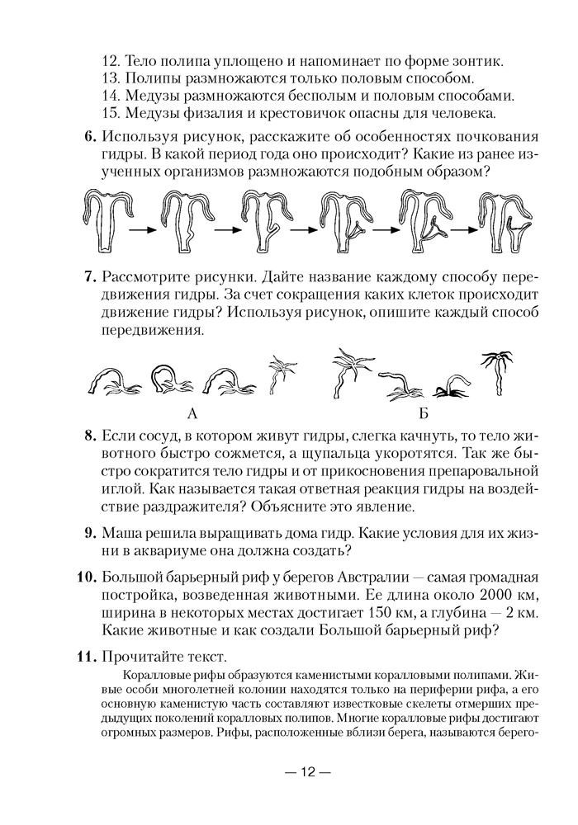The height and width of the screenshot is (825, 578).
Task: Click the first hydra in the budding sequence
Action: pyautogui.click(x=106, y=220)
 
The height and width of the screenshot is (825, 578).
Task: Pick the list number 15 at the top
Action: pyautogui.click(x=111, y=112)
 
